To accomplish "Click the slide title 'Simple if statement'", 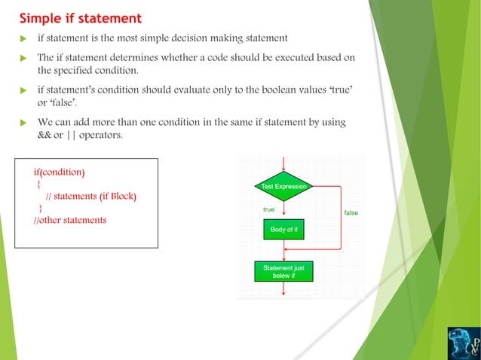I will coord(80,17).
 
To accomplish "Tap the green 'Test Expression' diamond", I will coord(283,186).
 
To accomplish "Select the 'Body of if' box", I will coord(283,229).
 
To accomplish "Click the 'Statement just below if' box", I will coord(283,271).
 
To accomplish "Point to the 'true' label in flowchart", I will coord(268,209).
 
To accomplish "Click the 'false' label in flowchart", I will coord(351,213).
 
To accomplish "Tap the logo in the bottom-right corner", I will coord(462,340).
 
